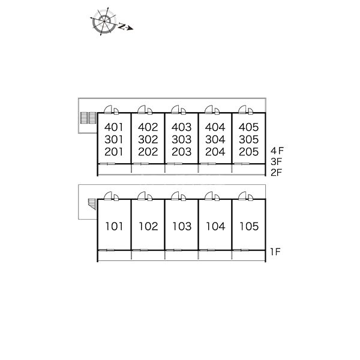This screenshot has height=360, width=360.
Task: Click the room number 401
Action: (114, 127)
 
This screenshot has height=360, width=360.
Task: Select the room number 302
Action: (148, 140)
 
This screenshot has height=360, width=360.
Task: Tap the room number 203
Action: (182, 152)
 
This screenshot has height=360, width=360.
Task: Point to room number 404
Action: (215, 127)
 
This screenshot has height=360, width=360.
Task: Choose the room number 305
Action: (248, 140)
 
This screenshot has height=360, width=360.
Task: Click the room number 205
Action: (248, 152)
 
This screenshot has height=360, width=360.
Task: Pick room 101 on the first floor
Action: (114, 226)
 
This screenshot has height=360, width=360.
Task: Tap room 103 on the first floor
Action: (182, 226)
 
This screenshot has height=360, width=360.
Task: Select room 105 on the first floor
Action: (249, 226)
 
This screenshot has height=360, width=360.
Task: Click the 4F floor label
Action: (277, 151)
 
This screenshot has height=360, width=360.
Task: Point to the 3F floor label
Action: (276, 162)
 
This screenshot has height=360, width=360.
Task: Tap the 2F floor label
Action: (276, 173)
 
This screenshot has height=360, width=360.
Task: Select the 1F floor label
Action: (275, 252)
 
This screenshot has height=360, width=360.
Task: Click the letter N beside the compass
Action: (122, 26)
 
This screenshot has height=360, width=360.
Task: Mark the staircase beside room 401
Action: (88, 118)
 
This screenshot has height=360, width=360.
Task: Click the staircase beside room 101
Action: (92, 204)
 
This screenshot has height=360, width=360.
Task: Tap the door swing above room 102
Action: (142, 196)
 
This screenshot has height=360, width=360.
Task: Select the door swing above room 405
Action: (242, 109)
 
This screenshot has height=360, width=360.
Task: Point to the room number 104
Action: (215, 226)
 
